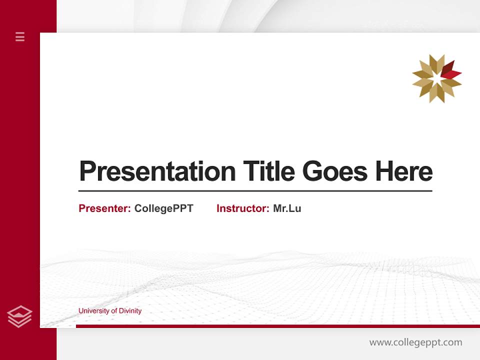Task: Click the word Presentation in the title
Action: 157,171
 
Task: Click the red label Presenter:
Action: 104,208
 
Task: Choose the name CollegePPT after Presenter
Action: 163,208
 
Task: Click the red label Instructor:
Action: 242,208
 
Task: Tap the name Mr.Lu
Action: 287,208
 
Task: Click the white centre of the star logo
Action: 436,79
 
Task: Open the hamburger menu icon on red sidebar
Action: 20,36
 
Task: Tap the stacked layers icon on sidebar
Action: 19,316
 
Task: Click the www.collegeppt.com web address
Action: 415,342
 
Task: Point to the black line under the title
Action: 255,190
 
